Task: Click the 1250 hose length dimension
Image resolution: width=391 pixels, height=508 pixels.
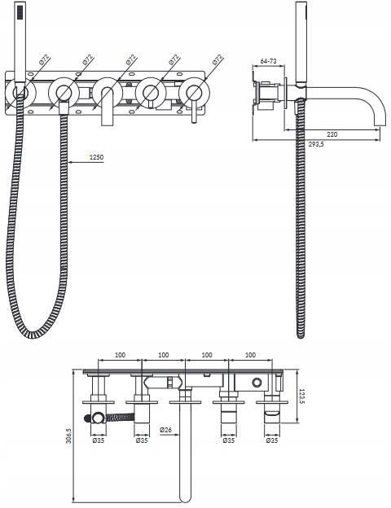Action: (x=96, y=157)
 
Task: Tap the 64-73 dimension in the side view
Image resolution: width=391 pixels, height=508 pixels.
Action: (x=269, y=61)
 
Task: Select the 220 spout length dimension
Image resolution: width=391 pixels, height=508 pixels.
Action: (x=332, y=134)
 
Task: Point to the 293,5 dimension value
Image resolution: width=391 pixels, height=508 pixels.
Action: (x=316, y=144)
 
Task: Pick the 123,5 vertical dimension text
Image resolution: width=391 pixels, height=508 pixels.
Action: (x=302, y=396)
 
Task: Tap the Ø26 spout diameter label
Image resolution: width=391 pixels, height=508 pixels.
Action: (x=165, y=430)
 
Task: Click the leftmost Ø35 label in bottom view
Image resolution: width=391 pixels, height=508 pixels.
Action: (x=99, y=440)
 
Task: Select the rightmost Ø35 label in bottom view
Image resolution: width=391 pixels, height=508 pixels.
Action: (x=272, y=440)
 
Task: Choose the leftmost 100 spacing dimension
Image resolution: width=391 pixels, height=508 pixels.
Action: (x=120, y=355)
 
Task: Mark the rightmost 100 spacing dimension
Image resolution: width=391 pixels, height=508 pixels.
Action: (x=250, y=355)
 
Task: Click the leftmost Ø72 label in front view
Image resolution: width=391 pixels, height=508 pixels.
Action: (x=45, y=59)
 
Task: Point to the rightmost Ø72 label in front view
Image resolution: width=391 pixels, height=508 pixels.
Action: (x=217, y=59)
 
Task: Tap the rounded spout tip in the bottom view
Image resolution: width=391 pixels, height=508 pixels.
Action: (x=185, y=498)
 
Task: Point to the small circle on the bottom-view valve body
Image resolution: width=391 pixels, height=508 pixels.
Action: (x=257, y=383)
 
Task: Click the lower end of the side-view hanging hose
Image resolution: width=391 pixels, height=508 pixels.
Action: (x=301, y=335)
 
